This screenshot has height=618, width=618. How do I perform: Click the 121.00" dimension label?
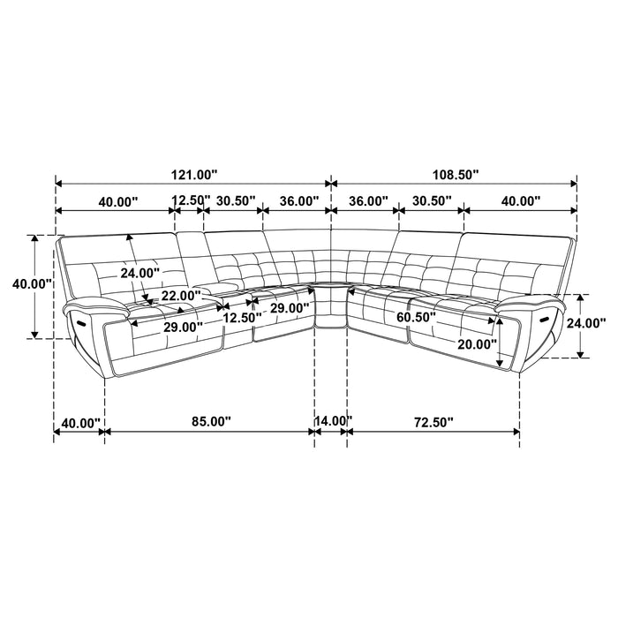click(x=192, y=176)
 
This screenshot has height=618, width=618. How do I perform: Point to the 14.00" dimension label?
click(x=332, y=422)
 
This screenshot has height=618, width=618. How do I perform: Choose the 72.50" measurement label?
click(x=433, y=422)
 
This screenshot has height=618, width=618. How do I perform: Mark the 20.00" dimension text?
click(x=476, y=343)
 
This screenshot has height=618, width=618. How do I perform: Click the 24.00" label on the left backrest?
click(x=141, y=273)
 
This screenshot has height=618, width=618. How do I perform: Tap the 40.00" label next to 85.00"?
click(x=79, y=422)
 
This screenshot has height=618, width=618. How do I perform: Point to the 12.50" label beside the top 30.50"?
click(x=188, y=201)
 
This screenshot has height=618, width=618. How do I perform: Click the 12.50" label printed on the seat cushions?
click(x=240, y=316)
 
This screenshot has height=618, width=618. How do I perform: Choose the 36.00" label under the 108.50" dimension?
click(x=368, y=201)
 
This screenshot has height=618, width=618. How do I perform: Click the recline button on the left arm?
click(x=81, y=323)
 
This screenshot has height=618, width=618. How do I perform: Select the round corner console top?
click(x=332, y=284)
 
